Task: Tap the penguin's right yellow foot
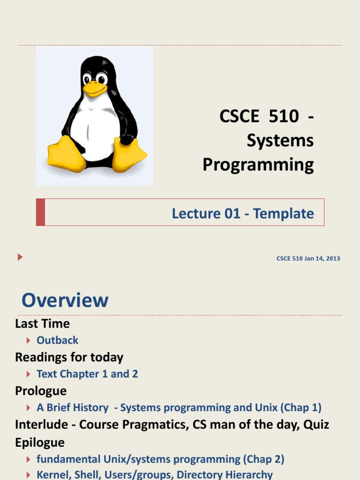(x=129, y=155)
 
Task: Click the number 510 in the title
(x=284, y=116)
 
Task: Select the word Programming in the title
(x=258, y=165)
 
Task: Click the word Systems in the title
(x=280, y=141)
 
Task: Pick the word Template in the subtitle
(x=284, y=214)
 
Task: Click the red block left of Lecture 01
(x=41, y=212)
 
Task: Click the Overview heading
(x=65, y=300)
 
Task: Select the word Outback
(x=58, y=340)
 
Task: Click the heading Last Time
(x=42, y=324)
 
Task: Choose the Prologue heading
(x=41, y=391)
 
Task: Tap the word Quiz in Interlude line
(x=316, y=425)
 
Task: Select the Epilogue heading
(x=40, y=442)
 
